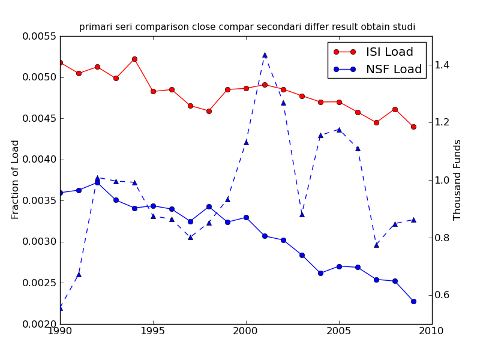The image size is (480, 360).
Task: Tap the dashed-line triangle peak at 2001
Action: (265, 55)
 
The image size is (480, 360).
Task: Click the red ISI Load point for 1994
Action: (134, 59)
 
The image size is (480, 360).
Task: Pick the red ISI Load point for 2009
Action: (413, 127)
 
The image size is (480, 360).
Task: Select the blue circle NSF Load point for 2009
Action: (413, 301)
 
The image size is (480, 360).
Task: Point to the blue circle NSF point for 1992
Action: (97, 182)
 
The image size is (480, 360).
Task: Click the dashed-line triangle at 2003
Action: (302, 214)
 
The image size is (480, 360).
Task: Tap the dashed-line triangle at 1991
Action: (79, 274)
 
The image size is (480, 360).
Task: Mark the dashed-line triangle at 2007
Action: (376, 245)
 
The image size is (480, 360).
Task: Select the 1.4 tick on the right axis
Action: (443, 65)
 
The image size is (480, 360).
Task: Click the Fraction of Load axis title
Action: (16, 179)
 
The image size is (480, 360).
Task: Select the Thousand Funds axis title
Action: (458, 179)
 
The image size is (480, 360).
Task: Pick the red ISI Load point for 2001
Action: (265, 85)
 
